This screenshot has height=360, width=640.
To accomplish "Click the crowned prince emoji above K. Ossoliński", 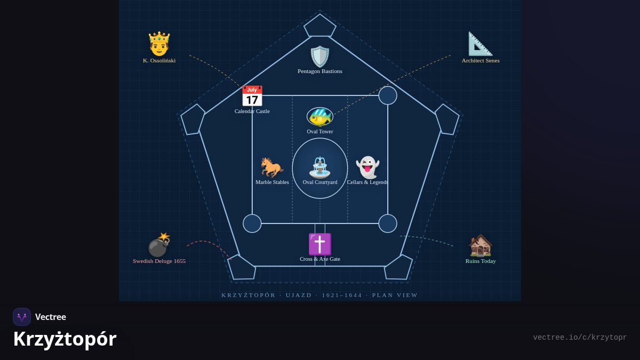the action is (x=159, y=44).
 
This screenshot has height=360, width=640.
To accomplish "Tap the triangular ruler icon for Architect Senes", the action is (x=481, y=44).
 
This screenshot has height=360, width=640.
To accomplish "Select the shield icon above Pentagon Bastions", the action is (x=319, y=57).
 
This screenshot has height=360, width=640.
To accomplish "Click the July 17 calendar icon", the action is (x=252, y=95).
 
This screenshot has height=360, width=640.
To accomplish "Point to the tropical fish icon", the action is (x=319, y=117).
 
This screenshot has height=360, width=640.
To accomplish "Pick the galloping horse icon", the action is (x=272, y=167).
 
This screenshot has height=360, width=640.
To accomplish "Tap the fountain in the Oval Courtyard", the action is (x=319, y=167).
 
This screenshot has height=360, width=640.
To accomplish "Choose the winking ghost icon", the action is (x=367, y=167).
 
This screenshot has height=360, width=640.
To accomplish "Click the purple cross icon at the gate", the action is (x=319, y=244).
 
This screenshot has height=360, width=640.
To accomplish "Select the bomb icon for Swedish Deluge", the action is (x=159, y=245).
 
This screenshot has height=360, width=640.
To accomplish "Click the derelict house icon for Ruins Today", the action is (x=481, y=245).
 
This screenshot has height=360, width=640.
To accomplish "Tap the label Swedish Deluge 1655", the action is (x=159, y=261).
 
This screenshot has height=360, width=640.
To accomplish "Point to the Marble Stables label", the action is (x=272, y=182).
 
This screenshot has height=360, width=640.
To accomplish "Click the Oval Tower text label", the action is (x=319, y=132).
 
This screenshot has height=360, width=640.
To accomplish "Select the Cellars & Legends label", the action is (x=367, y=182).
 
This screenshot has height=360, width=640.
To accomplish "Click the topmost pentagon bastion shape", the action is (x=319, y=26).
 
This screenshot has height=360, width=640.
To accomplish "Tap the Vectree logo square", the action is (x=22, y=317).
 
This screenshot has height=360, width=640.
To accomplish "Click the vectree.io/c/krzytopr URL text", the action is (x=580, y=338).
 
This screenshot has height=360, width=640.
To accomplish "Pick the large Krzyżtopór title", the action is (x=65, y=339).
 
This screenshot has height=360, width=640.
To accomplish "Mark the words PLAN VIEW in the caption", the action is (x=395, y=295).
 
